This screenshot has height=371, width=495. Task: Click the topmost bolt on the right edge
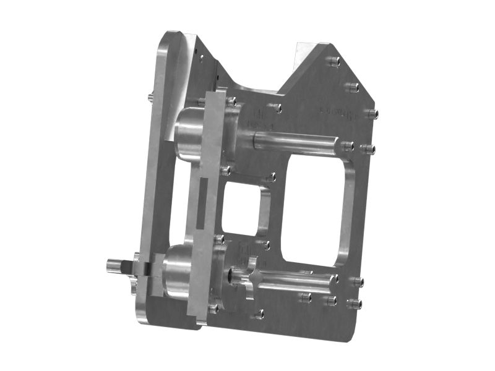tap(334, 61)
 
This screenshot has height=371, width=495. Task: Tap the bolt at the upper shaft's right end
tap(348, 146)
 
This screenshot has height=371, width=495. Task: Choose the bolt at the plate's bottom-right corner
tap(355, 303)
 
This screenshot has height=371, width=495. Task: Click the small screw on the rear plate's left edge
tap(150, 97)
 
